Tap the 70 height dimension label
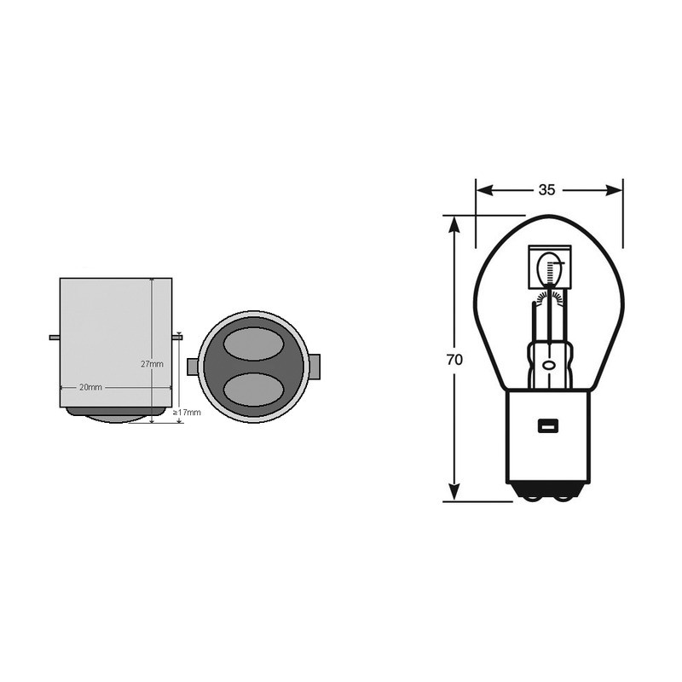pyautogui.click(x=454, y=360)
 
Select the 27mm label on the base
pyautogui.click(x=152, y=364)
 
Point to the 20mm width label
pyautogui.click(x=90, y=387)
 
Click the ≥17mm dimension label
pyautogui.click(x=188, y=413)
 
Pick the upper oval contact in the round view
pyautogui.click(x=252, y=348)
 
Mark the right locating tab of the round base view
pyautogui.click(x=315, y=367)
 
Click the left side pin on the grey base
pyautogui.click(x=54, y=338)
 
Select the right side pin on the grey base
pyautogui.click(x=177, y=338)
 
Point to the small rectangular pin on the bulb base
pyautogui.click(x=546, y=425)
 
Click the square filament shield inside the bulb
pyautogui.click(x=549, y=269)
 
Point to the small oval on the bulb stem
pyautogui.click(x=548, y=365)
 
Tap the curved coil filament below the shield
pyautogui.click(x=549, y=298)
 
